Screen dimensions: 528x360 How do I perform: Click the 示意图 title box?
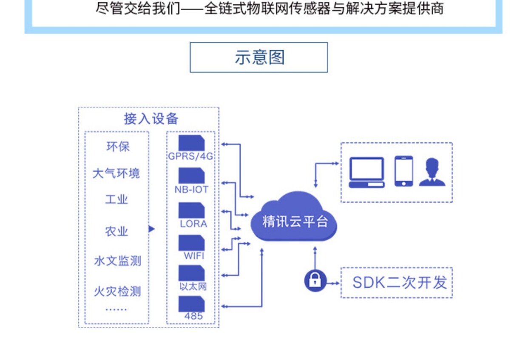pos(258,57)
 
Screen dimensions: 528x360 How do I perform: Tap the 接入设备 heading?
pos(151,119)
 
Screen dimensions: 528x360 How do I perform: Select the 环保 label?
pos(118,147)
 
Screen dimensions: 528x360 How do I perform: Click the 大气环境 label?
pos(116,173)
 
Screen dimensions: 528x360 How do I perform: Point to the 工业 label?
pos(116,200)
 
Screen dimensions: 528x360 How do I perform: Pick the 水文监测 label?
pos(117,261)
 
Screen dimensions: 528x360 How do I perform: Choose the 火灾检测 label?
pos(117,291)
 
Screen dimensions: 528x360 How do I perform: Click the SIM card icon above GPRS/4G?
pos(191,143)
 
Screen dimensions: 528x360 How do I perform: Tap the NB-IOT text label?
pos(191,190)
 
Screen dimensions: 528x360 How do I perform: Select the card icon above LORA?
pos(191,210)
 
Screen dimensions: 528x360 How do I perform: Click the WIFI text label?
pos(194,255)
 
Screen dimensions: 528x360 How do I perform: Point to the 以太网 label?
pos(193,286)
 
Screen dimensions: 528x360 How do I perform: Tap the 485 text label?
pos(193,316)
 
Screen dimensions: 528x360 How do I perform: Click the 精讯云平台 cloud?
pos(294,217)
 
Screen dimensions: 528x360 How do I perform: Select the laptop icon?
pos(367,172)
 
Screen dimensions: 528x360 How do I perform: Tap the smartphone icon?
pos(404,171)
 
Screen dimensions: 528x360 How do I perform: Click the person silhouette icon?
pos(432,172)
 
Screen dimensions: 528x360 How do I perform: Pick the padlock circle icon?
pos(315,281)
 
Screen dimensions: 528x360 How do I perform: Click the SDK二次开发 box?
pos(397,283)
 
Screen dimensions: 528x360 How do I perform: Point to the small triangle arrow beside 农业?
pos(152,229)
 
